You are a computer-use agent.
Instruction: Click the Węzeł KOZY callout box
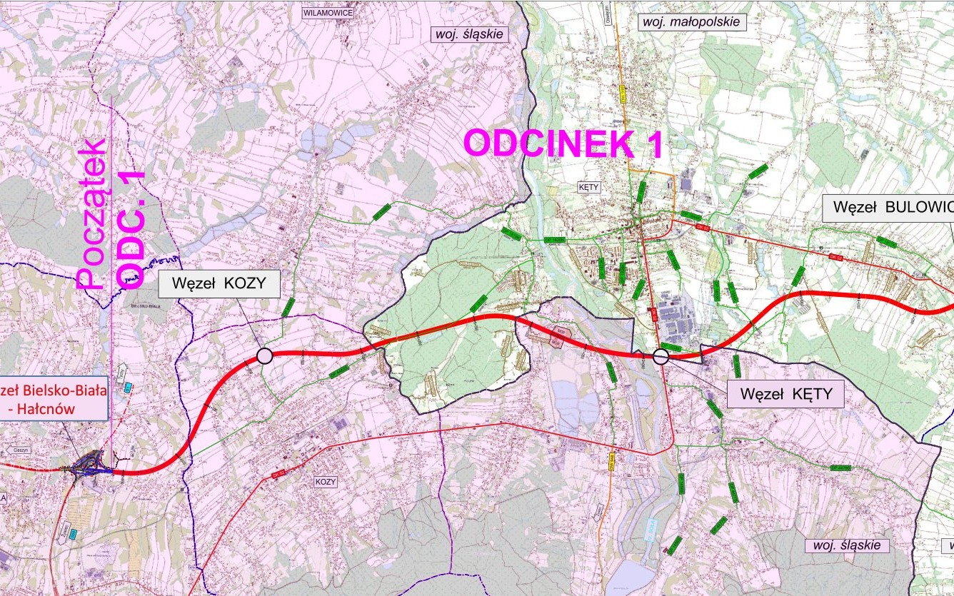point(219,283)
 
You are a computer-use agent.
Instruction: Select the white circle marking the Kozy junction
point(264,355)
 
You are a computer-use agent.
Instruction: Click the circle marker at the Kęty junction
point(661,357)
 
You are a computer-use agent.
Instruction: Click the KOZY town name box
point(325,482)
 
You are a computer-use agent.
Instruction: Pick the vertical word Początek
point(92,214)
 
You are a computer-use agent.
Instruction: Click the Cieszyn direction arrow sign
point(19,450)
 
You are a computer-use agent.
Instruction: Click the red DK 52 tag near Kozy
point(278,473)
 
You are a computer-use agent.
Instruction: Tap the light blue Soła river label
point(650,529)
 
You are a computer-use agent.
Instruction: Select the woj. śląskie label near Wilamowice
point(468,34)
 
